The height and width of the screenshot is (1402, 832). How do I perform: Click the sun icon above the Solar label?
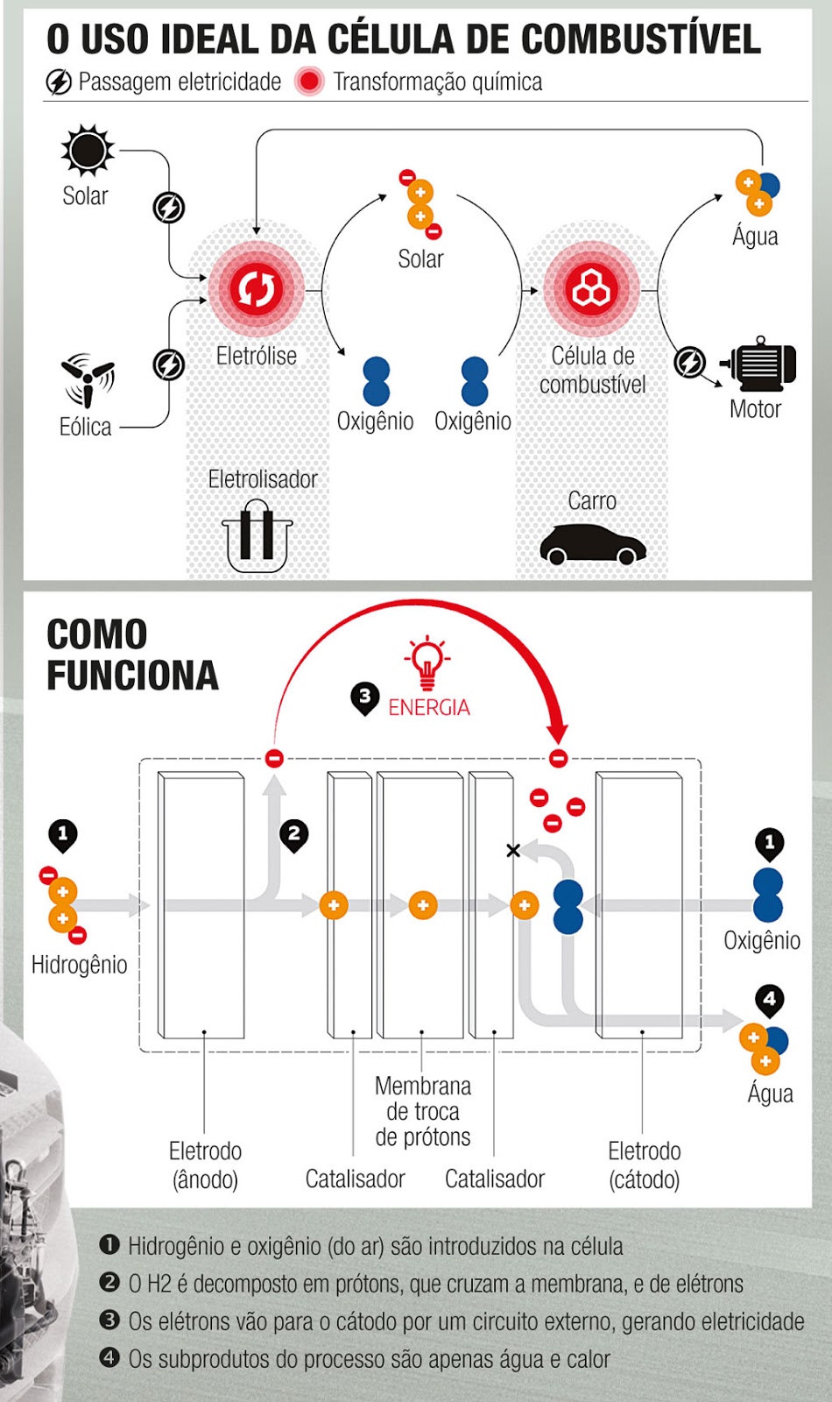[x=88, y=150]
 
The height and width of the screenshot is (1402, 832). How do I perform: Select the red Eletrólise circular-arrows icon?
[x=256, y=288]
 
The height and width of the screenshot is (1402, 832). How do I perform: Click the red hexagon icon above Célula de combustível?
[x=591, y=288]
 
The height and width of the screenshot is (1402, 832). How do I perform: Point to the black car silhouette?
[x=593, y=544]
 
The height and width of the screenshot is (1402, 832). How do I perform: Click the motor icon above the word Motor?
[x=759, y=364]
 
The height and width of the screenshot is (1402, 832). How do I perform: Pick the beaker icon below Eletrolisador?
[x=257, y=535]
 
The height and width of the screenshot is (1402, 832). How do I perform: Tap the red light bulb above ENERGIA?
[x=427, y=662]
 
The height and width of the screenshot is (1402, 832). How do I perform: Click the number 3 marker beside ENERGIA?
[x=364, y=698]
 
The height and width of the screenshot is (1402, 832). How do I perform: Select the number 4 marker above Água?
[x=769, y=1000]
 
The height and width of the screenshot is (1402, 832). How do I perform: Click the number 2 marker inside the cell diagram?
[x=294, y=835]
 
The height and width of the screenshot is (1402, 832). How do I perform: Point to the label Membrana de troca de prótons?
[x=423, y=1111]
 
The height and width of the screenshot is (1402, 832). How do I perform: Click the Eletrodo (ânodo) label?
[x=205, y=1165]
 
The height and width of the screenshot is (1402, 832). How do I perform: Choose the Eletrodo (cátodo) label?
[x=645, y=1165]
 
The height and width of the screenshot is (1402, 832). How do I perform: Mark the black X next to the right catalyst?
[x=513, y=850]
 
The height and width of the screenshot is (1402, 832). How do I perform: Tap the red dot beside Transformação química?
[x=309, y=81]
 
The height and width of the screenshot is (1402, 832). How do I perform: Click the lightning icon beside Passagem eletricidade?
[x=59, y=82]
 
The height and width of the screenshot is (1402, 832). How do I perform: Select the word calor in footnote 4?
[x=587, y=1359]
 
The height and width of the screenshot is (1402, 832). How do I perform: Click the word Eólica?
[x=85, y=427]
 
